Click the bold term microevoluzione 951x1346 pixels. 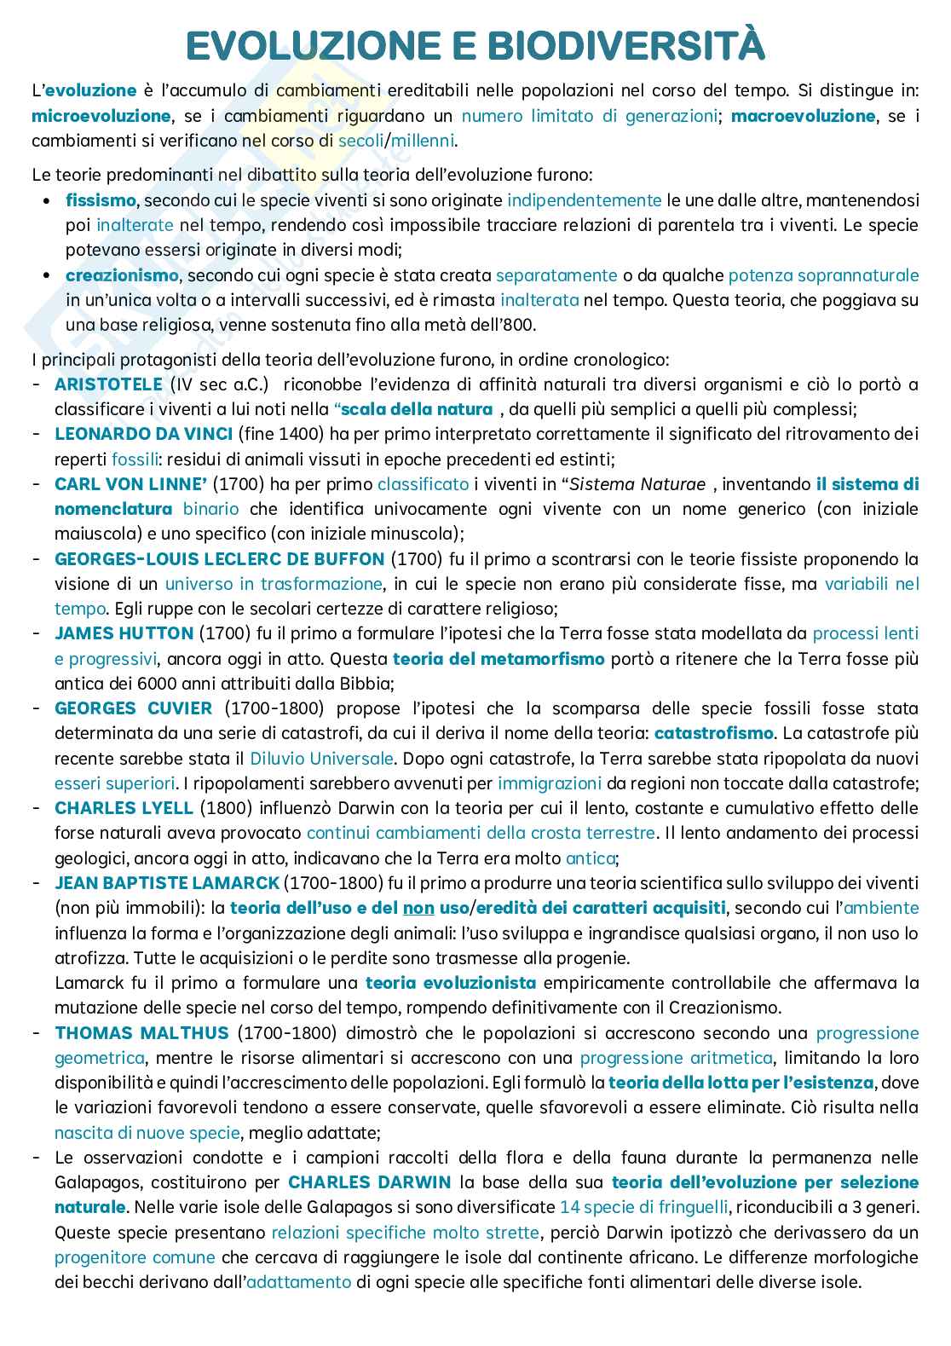pos(101,116)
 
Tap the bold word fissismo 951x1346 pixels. pos(101,201)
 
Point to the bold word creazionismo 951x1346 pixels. pos(122,275)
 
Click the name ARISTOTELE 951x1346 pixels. pos(108,384)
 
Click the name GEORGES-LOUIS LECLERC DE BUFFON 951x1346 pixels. pos(219,559)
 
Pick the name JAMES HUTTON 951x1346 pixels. pos(124,633)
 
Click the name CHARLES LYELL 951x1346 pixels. pos(124,807)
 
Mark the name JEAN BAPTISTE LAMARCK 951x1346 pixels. pos(166,882)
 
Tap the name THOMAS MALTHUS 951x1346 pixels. pos(141,1033)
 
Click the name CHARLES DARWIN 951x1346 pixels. pos(369,1182)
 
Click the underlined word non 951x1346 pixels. pos(418,908)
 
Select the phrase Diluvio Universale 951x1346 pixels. pos(321,758)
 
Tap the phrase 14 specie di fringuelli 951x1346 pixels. pos(644,1207)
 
